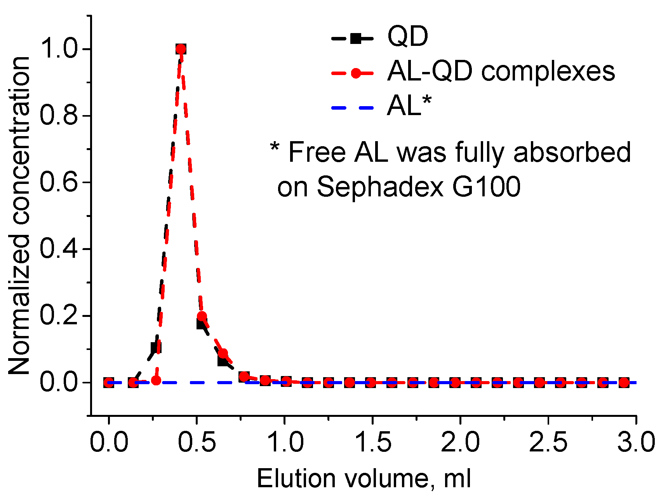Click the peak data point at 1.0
[x=181, y=49]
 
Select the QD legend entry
[x=407, y=37]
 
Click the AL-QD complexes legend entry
[x=500, y=72]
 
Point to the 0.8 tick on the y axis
[x=59, y=116]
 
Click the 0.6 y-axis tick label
[x=59, y=182]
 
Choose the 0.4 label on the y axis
[x=59, y=249]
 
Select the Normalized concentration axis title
[x=19, y=216]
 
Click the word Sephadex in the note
[x=380, y=187]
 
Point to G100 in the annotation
[x=486, y=187]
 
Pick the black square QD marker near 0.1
[x=156, y=348]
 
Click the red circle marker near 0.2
[x=202, y=316]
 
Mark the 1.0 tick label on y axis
[x=59, y=49]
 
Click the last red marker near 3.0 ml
[x=624, y=383]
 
